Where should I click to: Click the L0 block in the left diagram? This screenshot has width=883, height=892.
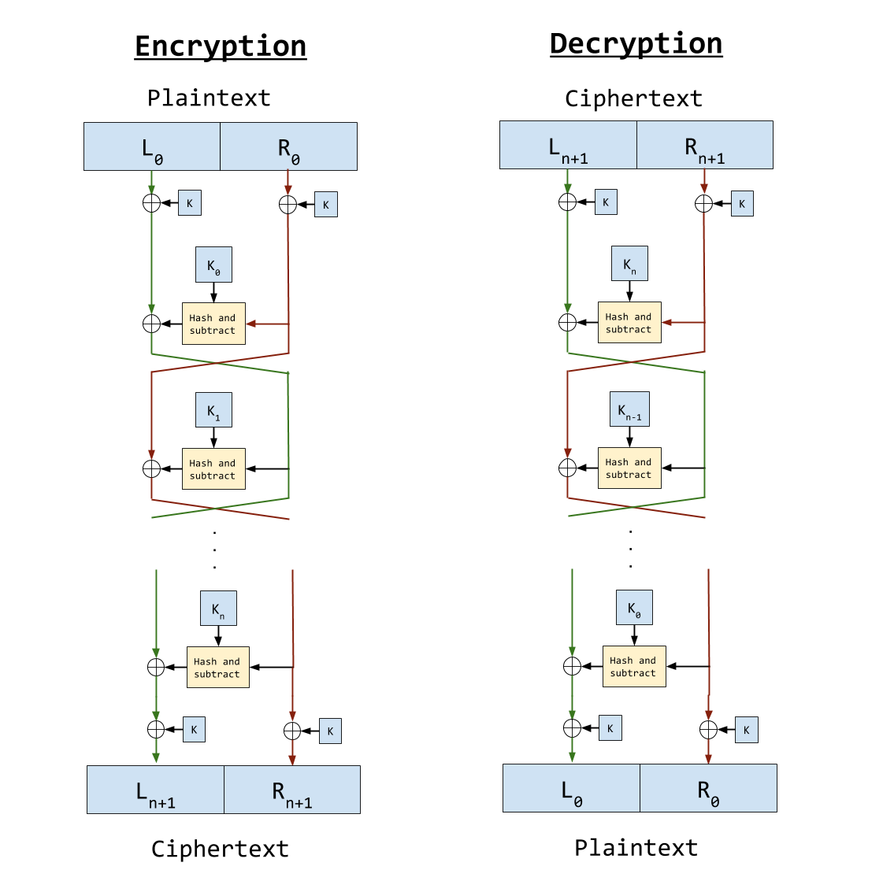pos(152,146)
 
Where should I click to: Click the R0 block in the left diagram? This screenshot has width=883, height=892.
pos(288,146)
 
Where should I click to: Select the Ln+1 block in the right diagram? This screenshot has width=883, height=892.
pos(568,146)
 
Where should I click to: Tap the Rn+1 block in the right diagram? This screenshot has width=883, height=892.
pos(704,146)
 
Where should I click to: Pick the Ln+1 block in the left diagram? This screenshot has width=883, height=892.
pos(155,790)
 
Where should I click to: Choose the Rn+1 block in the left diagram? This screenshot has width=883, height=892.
pos(292,790)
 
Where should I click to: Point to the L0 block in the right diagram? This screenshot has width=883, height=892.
pos(571,788)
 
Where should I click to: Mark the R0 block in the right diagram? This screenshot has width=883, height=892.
pos(708,788)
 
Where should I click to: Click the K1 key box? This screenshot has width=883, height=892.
pos(213,410)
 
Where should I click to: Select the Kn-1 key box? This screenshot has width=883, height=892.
pos(629,409)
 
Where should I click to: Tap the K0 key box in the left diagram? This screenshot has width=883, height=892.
pos(213,265)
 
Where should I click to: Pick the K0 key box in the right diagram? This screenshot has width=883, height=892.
pos(634,608)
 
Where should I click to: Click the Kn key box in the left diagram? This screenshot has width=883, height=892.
pos(218,609)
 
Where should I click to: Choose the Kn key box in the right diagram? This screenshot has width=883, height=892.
pos(629,264)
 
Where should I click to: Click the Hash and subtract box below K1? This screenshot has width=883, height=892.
pos(213,469)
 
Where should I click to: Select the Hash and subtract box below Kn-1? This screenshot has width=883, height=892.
pos(629,468)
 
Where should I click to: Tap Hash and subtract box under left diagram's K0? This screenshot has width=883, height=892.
pos(213,324)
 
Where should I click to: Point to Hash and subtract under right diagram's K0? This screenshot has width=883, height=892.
pos(633,667)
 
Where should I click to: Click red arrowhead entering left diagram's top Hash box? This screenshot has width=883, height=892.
pos(251,324)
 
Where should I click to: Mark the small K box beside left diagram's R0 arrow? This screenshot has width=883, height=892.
pos(325,205)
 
